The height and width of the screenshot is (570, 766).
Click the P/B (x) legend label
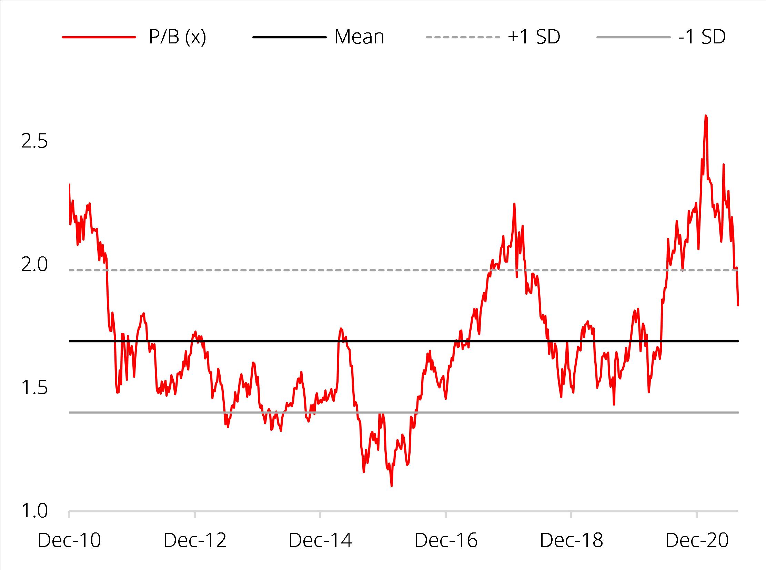pos(177,37)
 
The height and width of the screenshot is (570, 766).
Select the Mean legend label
pos(359,37)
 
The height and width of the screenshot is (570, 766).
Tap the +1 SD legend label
pos(534,37)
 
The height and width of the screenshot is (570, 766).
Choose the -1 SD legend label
pos(702,37)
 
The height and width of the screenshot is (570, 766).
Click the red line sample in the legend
pos(99,37)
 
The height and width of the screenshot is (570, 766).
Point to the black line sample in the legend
pos(289,37)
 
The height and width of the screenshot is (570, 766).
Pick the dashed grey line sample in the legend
pos(463,37)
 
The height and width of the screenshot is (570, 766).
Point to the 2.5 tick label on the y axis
pos(34,141)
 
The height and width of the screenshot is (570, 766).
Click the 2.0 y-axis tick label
pos(34,265)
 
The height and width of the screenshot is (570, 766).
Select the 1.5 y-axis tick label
pos(34,388)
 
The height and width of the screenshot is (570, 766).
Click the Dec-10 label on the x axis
pos(69,540)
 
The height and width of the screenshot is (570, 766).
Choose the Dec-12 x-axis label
pos(195,540)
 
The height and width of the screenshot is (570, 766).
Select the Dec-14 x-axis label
pos(320,540)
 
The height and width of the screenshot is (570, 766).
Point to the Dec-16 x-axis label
pos(446,540)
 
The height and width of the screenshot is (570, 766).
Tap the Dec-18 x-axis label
pos(571,540)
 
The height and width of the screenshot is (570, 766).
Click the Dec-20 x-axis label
pos(697,540)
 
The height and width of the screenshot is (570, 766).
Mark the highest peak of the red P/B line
pos(706,115)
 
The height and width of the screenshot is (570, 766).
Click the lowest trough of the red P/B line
pos(392,486)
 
